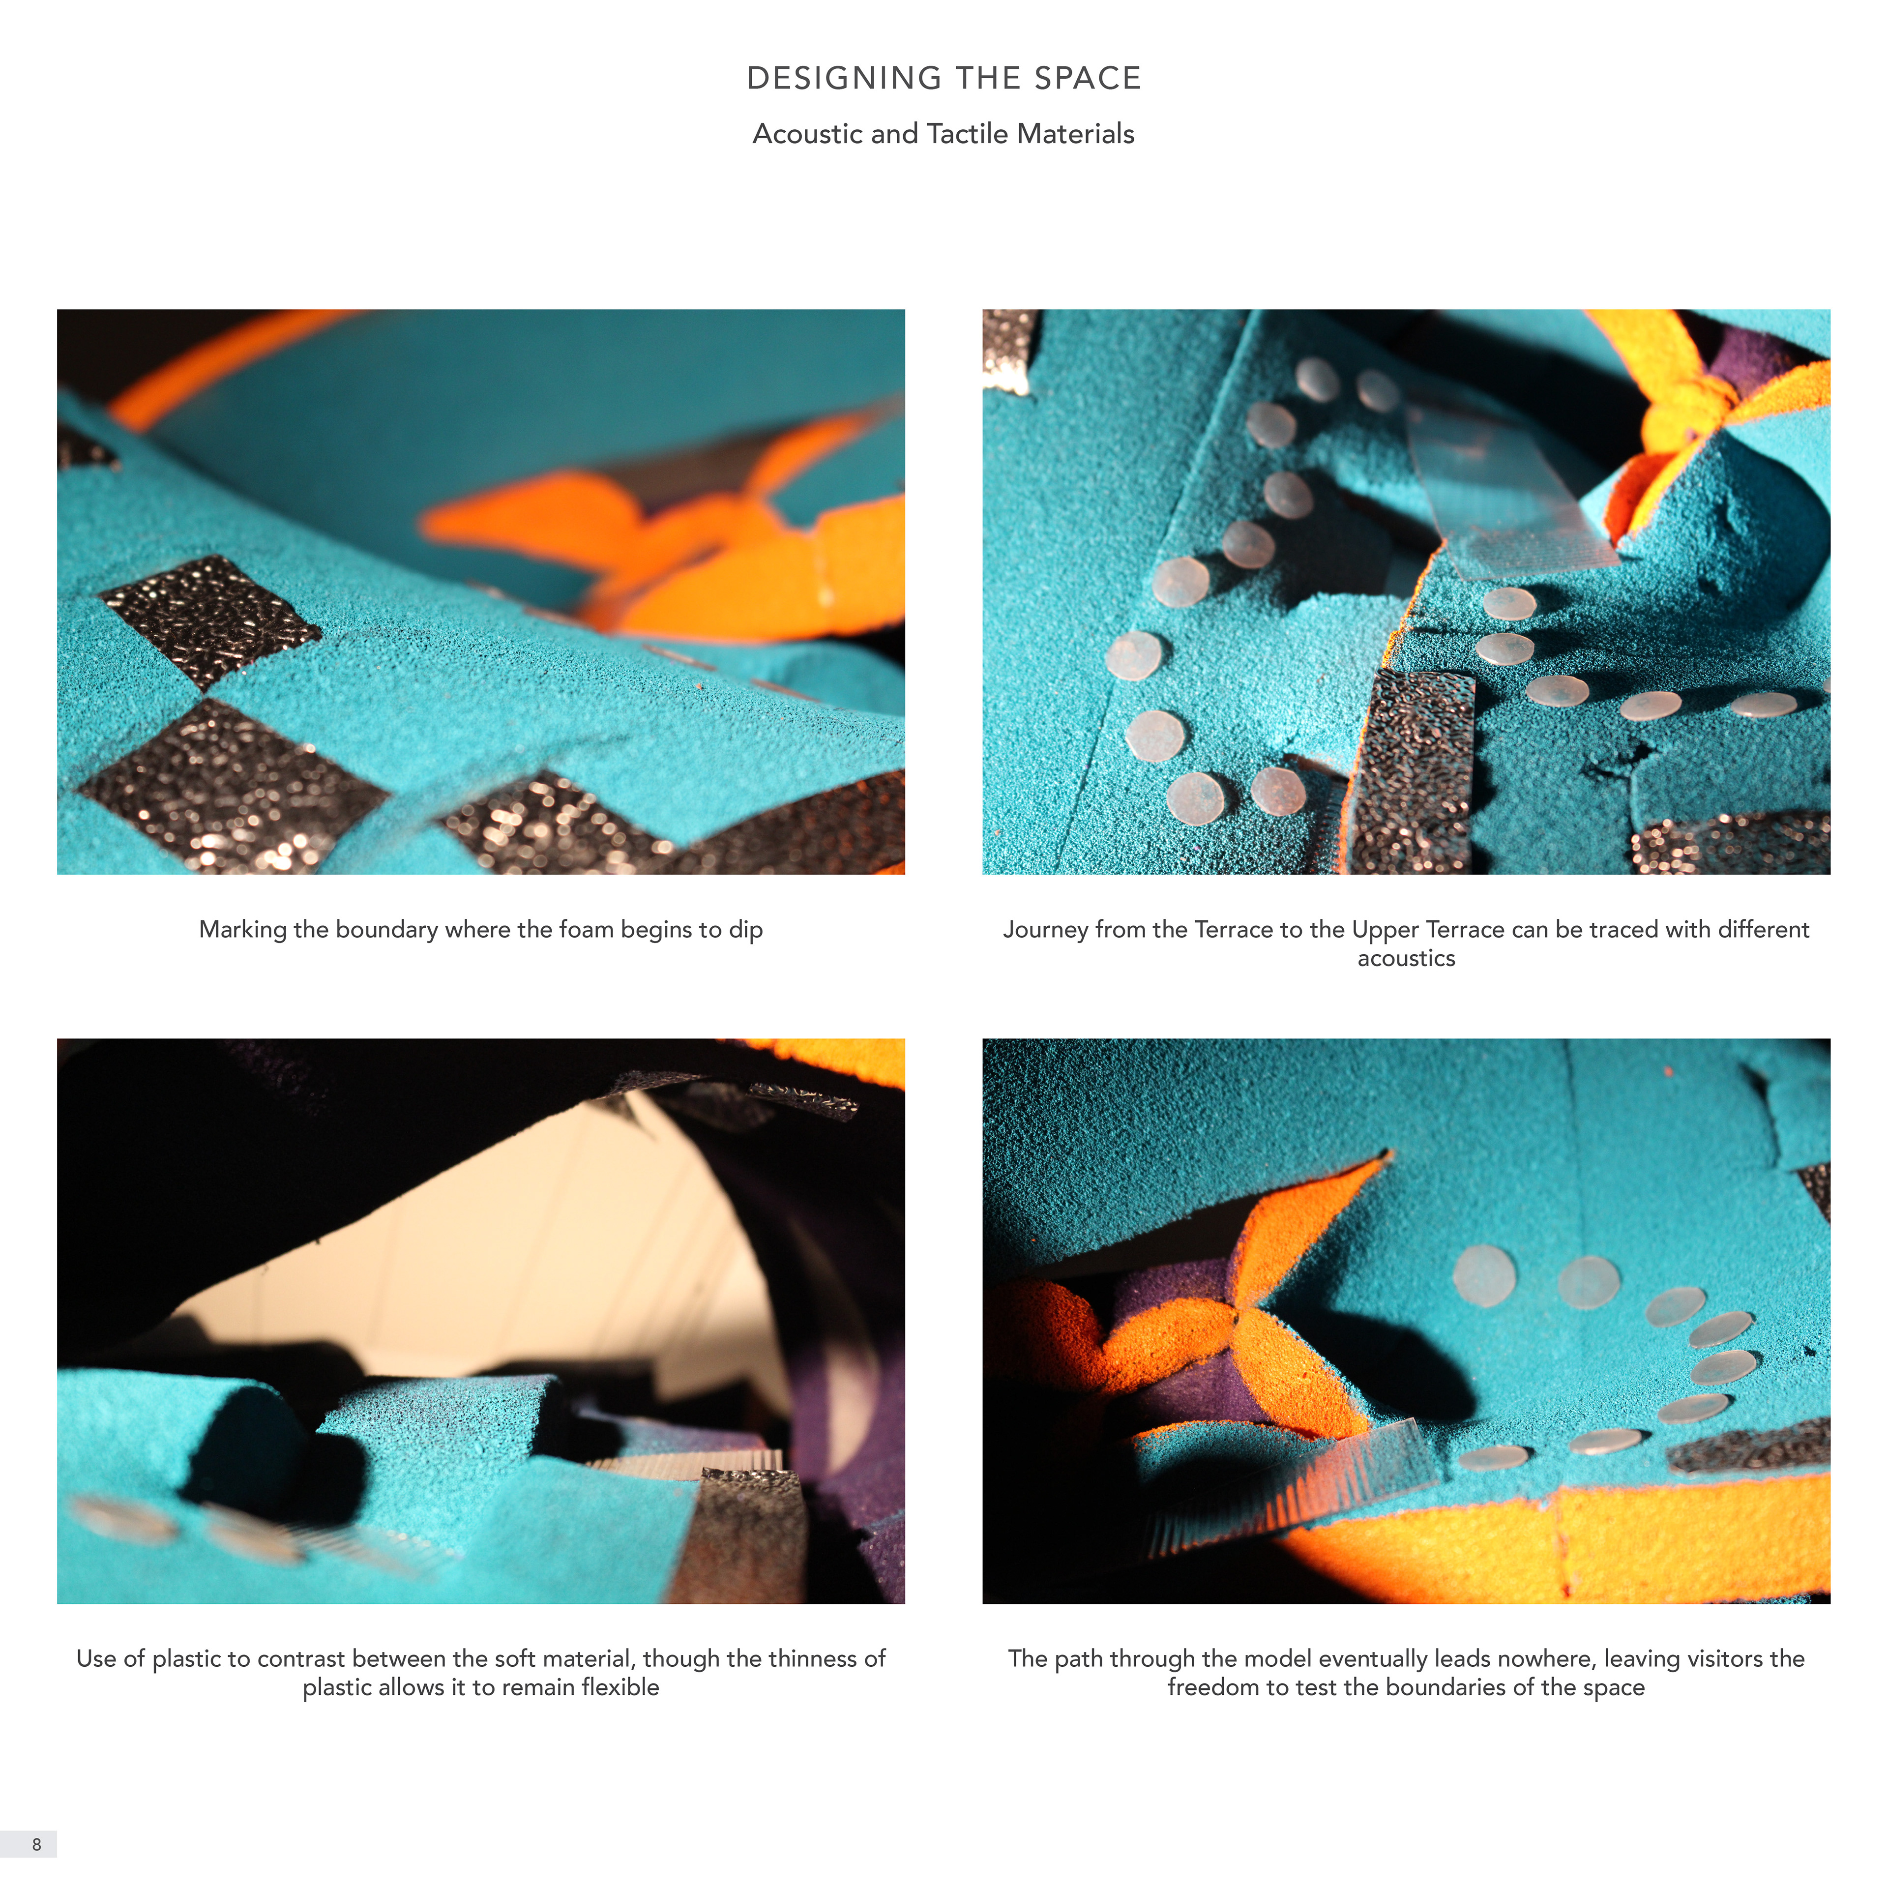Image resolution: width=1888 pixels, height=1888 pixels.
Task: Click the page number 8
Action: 37,1844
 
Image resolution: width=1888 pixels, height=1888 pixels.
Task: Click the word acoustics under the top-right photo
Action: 1406,959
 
